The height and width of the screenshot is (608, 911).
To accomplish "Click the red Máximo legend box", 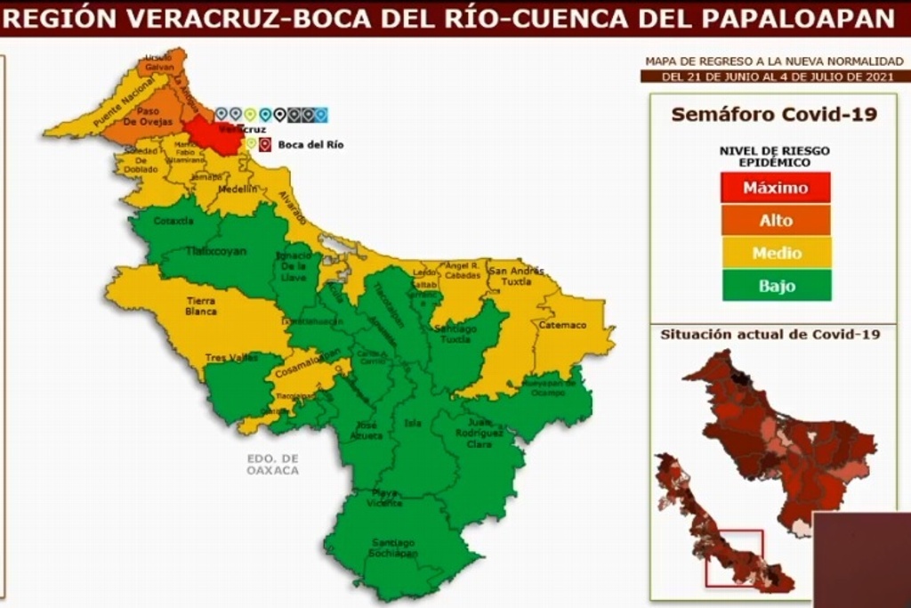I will pyautogui.click(x=775, y=188).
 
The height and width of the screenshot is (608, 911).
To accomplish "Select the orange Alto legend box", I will pyautogui.click(x=775, y=220).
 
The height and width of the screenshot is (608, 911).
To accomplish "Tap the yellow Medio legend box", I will pyautogui.click(x=775, y=253).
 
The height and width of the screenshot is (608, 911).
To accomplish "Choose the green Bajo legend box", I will pyautogui.click(x=775, y=286).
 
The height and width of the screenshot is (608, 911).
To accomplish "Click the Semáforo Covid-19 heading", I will pyautogui.click(x=773, y=115).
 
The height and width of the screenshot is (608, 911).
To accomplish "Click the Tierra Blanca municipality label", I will pyautogui.click(x=200, y=306).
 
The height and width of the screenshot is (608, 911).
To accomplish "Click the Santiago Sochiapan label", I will pyautogui.click(x=392, y=547).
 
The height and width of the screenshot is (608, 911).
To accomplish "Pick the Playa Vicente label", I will pyautogui.click(x=386, y=498).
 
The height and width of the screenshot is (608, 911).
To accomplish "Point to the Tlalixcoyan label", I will pyautogui.click(x=216, y=252).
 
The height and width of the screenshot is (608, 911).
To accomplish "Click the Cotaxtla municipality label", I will pyautogui.click(x=173, y=221).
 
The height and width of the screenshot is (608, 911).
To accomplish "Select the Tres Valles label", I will pyautogui.click(x=226, y=358).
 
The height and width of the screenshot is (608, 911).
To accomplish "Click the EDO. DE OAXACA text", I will pyautogui.click(x=273, y=464).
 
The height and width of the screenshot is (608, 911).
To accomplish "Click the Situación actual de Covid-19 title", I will pyautogui.click(x=770, y=335).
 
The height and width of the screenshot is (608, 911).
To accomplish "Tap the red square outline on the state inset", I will pyautogui.click(x=734, y=558).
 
